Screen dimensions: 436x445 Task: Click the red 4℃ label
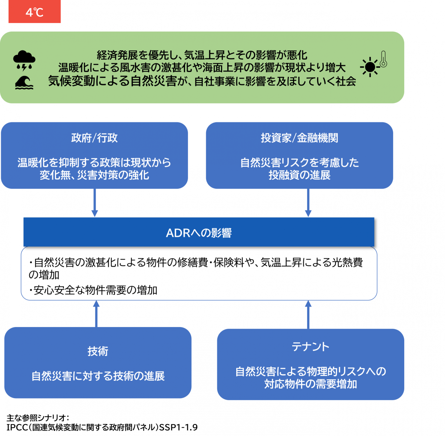coord(34,12)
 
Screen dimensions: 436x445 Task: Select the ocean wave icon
coord(24,82)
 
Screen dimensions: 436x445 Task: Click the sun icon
coord(370,67)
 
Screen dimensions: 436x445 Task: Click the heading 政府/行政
coord(94,138)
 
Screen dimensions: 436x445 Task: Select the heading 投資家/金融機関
coord(299,138)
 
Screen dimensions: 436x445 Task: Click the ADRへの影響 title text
coord(199,233)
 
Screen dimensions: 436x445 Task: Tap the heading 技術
coord(98,351)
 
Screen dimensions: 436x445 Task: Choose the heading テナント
coord(310,347)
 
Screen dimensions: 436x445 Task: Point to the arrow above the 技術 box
coord(96,314)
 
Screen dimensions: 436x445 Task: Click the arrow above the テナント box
coord(308,314)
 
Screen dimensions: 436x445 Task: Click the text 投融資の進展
coord(299,175)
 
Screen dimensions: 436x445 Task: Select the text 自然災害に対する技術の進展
coord(98,376)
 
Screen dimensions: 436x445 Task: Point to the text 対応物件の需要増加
coord(310,384)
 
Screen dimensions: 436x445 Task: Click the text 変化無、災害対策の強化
coord(94,175)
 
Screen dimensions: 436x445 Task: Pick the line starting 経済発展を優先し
coord(202,55)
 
